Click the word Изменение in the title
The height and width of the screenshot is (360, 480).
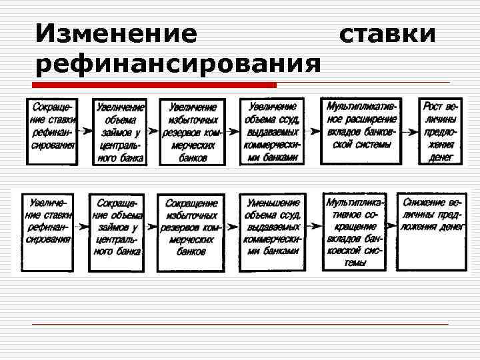(117, 33)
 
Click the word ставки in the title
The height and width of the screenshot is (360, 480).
(387, 33)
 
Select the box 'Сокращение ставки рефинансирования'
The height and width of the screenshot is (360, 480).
(51, 132)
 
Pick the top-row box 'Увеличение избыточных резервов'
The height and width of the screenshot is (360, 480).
(193, 132)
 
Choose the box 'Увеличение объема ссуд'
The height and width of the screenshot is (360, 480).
(273, 132)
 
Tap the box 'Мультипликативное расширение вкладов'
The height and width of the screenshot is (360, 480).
(361, 132)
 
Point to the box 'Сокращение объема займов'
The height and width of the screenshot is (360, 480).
(118, 232)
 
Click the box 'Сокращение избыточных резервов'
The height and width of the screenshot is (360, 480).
(191, 232)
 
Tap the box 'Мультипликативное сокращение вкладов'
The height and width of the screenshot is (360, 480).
(355, 232)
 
